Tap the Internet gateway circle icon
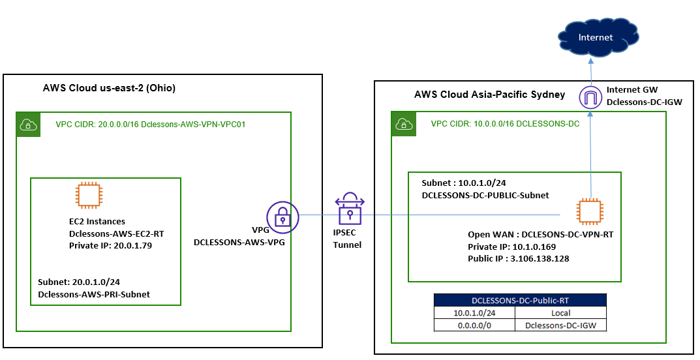point(590,98)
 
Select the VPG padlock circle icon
point(282,217)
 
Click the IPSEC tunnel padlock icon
point(350,209)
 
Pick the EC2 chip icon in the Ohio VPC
point(87,196)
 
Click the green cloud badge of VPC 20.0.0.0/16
point(27,124)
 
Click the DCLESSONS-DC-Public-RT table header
point(520,300)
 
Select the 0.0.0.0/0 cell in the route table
point(475,325)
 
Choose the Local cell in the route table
point(560,313)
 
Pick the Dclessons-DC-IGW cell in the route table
point(560,325)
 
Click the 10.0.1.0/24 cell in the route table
point(475,313)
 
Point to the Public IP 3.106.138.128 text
point(518,259)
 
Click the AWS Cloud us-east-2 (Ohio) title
point(109,88)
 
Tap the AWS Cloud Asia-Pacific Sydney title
point(489,95)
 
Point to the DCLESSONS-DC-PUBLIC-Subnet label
point(485,195)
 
